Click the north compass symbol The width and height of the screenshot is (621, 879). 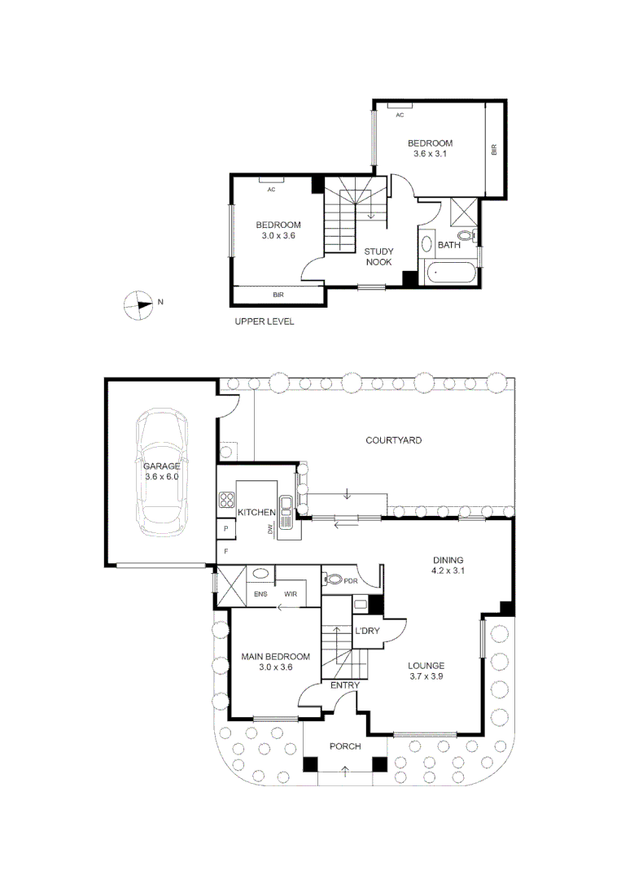[138, 305]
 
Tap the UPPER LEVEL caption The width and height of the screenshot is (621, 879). [264, 321]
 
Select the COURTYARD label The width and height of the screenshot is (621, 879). [393, 440]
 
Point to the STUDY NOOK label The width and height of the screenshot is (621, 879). [379, 256]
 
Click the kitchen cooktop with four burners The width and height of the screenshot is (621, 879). [226, 500]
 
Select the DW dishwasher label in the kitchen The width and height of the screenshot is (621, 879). [269, 530]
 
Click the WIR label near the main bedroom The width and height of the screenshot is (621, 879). [291, 594]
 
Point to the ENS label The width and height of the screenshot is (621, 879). [260, 594]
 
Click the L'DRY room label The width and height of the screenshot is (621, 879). [367, 631]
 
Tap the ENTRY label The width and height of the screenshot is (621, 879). [345, 685]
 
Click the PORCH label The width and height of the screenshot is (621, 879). [345, 746]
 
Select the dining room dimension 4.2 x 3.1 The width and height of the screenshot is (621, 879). [448, 571]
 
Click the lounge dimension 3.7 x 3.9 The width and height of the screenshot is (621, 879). [426, 676]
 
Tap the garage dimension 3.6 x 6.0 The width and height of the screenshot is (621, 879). [161, 476]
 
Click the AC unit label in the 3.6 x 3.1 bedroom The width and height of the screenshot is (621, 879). [400, 115]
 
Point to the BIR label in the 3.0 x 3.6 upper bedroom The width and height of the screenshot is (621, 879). [278, 295]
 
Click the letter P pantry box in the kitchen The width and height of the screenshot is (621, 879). [226, 528]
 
